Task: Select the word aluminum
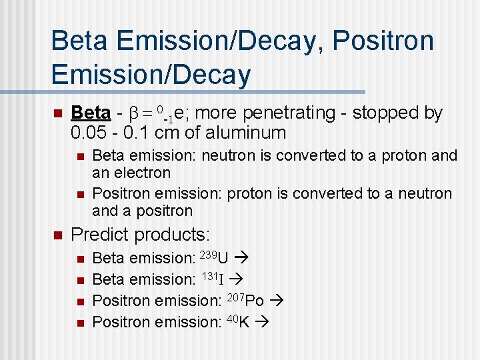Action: click(246, 132)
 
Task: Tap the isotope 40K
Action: click(237, 321)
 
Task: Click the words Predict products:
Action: click(140, 235)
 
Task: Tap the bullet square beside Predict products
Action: click(57, 235)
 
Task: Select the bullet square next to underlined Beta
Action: click(57, 113)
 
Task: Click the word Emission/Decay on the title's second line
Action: click(151, 75)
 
